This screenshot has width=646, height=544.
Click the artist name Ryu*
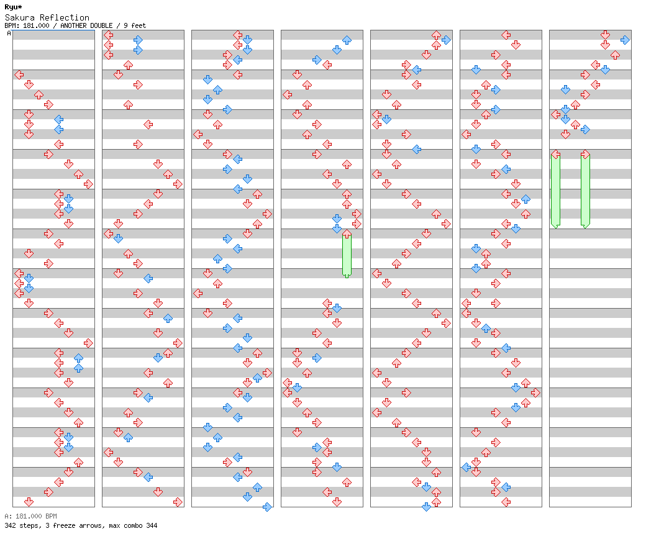coord(13,7)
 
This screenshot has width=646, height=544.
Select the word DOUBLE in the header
coord(101,25)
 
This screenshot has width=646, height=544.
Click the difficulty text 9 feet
coord(135,25)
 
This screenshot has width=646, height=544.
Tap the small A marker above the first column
coord(9,34)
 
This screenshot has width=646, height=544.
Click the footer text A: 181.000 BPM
coord(30,516)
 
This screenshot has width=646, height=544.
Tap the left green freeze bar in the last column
coord(555,191)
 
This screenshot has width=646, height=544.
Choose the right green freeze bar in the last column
coord(585,191)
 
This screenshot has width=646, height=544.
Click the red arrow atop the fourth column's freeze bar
coord(347,234)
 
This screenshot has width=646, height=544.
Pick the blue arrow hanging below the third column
coord(267,507)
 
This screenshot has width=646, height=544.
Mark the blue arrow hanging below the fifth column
coord(426,507)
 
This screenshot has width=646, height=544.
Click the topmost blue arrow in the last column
coord(625,40)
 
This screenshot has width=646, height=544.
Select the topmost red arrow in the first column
coord(19,75)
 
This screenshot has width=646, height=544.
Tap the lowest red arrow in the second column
coord(178,502)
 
